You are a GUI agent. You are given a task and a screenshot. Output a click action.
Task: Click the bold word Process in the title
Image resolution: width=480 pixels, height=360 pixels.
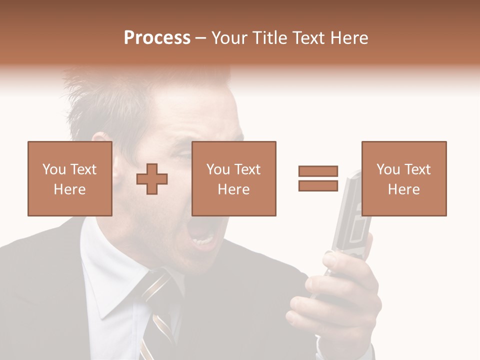157,38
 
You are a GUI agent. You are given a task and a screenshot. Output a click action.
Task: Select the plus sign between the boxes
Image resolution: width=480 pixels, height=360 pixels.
152,179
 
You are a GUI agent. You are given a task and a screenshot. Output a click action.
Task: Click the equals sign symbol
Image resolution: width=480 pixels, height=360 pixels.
318,178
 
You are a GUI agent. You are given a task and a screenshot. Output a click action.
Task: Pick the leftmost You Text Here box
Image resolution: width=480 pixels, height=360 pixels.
69,178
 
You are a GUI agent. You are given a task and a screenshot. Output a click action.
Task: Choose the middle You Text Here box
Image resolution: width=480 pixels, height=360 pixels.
233,178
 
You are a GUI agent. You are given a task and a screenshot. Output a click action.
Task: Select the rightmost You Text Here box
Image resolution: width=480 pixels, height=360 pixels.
403,178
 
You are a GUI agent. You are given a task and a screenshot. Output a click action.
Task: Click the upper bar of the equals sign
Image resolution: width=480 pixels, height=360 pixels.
318,171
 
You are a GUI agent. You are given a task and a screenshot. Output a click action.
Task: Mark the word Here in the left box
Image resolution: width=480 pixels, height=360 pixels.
69,189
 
